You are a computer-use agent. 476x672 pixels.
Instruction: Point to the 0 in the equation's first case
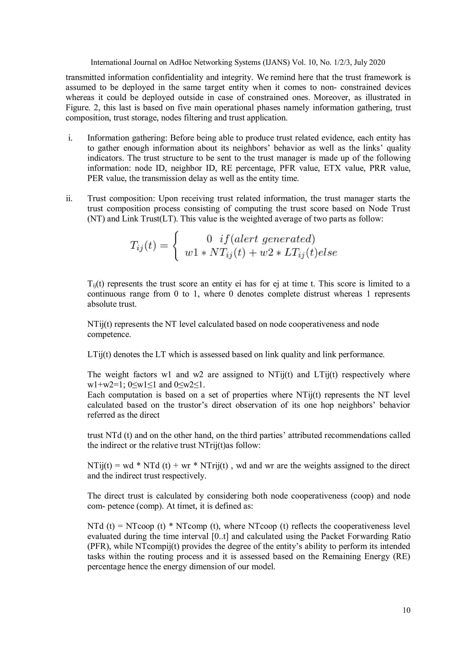point(209,239)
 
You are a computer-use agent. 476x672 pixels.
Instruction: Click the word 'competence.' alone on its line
point(109,334)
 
